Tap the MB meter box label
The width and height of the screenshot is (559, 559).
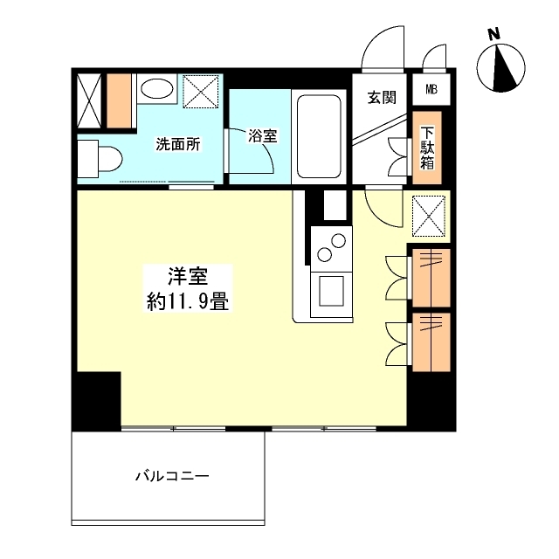click(431, 89)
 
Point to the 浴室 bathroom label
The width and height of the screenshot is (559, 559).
click(261, 136)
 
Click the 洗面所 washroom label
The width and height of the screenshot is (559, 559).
click(178, 145)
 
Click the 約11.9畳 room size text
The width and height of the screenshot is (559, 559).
click(188, 303)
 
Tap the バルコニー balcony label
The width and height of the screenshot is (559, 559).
click(172, 477)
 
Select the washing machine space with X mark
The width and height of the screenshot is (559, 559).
click(202, 91)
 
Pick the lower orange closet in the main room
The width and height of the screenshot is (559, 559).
click(431, 337)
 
